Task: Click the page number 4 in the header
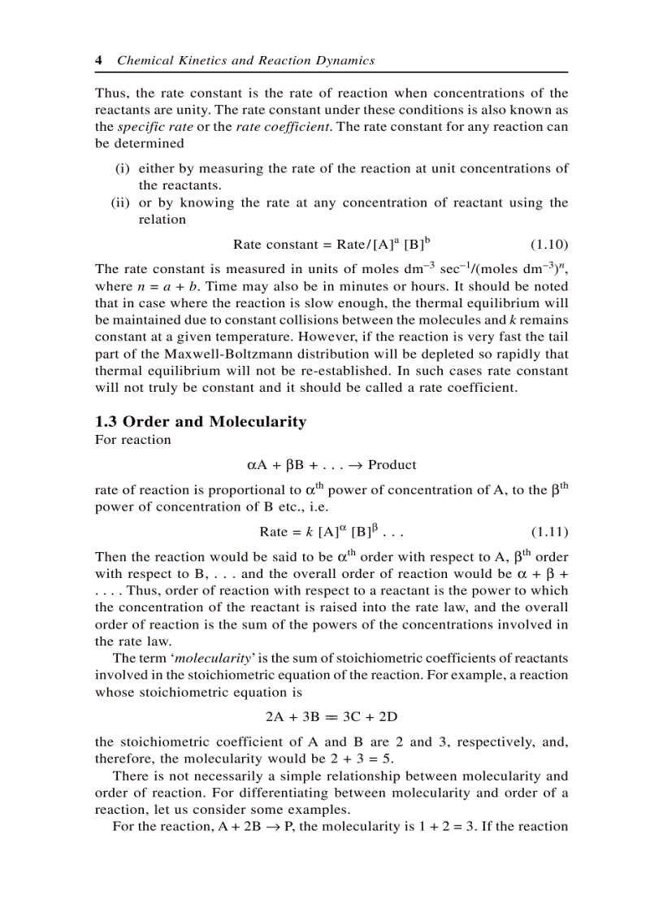pos(98,60)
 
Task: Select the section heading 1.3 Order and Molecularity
pos(201,421)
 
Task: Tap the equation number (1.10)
pos(549,244)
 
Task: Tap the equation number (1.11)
pos(549,532)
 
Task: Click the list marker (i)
pos(122,168)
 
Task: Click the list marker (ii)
pos(120,202)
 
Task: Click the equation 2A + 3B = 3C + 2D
pos(331,717)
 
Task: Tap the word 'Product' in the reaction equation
pos(392,465)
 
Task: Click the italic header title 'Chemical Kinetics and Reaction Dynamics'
pos(246,60)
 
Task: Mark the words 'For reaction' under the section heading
pos(133,440)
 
